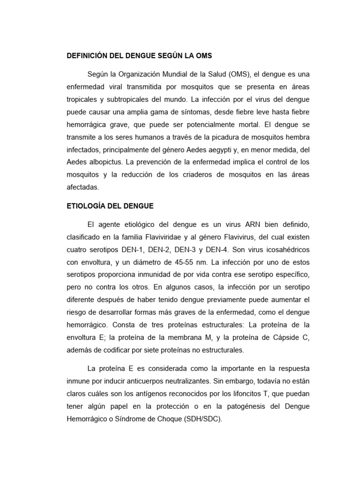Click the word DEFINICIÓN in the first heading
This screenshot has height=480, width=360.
[88, 56]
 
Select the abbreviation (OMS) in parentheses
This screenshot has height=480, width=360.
[241, 75]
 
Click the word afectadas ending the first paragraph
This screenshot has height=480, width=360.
[83, 187]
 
